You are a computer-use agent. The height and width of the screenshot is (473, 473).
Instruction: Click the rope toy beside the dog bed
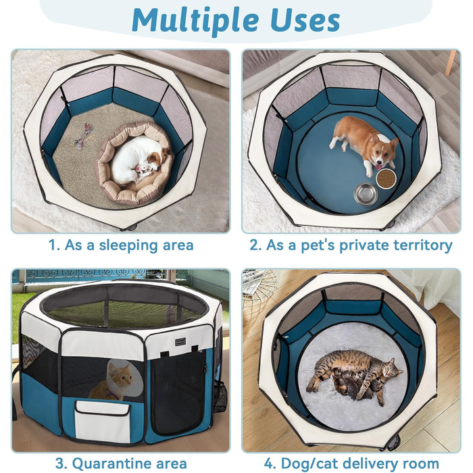point(81,134)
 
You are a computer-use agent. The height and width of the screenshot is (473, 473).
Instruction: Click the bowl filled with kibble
point(386,178)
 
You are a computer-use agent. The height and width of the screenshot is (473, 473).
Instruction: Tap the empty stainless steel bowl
point(366,194)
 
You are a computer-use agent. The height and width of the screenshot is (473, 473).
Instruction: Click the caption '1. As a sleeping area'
point(121,245)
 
